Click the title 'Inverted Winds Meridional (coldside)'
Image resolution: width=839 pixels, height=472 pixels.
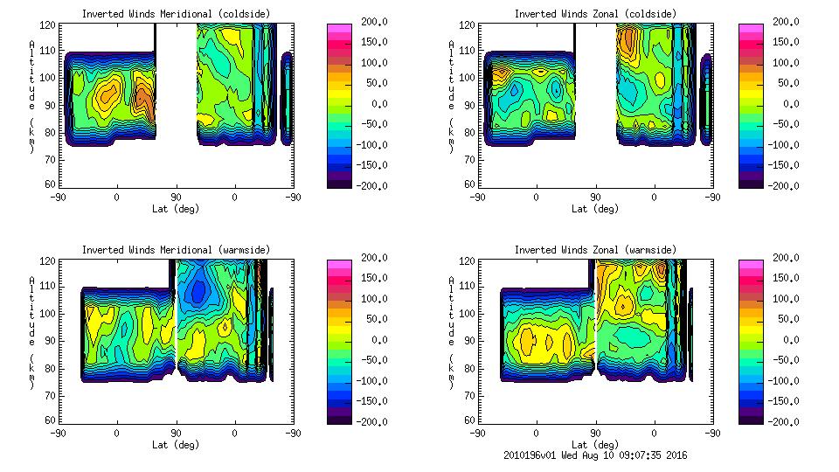pyautogui.click(x=177, y=14)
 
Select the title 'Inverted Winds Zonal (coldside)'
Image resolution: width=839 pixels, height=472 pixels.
pyautogui.click(x=595, y=14)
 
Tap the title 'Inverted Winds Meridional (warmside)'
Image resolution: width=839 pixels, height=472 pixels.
pyautogui.click(x=177, y=250)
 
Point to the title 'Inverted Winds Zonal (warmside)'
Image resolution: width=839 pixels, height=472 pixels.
pyautogui.click(x=595, y=250)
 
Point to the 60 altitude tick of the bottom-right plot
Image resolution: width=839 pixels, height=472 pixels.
pyautogui.click(x=468, y=420)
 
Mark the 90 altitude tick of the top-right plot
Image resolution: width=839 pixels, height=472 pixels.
pyautogui.click(x=468, y=105)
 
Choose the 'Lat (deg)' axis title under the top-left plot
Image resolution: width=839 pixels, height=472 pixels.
pyautogui.click(x=177, y=208)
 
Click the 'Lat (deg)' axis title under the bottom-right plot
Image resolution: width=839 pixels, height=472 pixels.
pyautogui.click(x=595, y=444)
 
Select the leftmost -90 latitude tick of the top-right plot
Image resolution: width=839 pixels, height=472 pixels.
pyautogui.click(x=477, y=197)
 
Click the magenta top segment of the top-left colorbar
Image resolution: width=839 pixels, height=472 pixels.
pyautogui.click(x=339, y=31)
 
